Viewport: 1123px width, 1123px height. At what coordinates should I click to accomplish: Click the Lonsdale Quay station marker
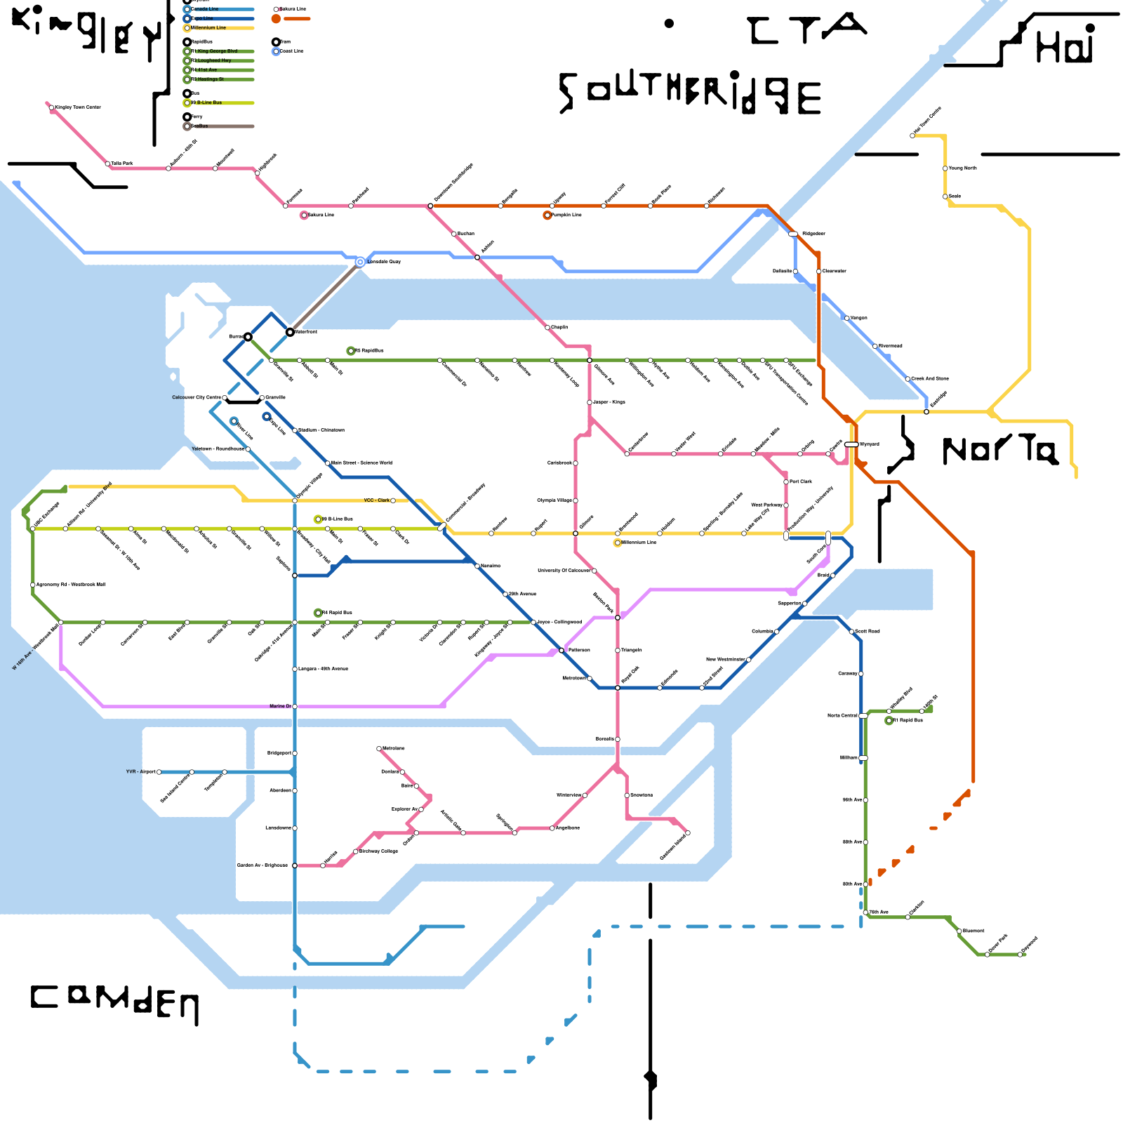click(360, 262)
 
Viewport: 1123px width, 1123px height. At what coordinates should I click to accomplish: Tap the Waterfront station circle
click(290, 331)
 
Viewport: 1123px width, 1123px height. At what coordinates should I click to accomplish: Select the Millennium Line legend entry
click(208, 28)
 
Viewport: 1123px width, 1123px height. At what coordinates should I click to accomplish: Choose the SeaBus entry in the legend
click(199, 126)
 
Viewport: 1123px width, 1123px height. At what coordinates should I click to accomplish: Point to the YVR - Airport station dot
click(159, 772)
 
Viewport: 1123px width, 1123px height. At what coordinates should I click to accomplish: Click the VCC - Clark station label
click(377, 500)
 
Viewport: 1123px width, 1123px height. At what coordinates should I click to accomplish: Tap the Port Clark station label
click(801, 481)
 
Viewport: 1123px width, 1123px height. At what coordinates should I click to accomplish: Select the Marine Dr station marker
click(295, 706)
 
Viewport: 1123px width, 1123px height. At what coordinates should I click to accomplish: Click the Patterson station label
click(579, 650)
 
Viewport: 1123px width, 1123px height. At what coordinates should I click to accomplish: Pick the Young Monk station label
click(963, 168)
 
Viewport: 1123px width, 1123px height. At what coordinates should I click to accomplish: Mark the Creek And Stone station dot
click(908, 379)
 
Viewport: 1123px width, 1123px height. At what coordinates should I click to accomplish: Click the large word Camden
click(114, 1000)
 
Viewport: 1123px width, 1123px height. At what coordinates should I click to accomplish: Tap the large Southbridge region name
click(690, 93)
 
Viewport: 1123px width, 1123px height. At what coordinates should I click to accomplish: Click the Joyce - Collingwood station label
click(559, 622)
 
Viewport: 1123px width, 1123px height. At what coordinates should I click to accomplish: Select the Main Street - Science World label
click(361, 463)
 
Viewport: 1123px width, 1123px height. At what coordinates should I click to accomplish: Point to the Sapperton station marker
click(805, 604)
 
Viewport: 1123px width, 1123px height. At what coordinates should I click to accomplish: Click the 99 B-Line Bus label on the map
click(338, 519)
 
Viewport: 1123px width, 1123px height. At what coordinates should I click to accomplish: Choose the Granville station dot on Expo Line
click(262, 398)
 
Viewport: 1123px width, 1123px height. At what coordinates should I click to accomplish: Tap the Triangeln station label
click(632, 650)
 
